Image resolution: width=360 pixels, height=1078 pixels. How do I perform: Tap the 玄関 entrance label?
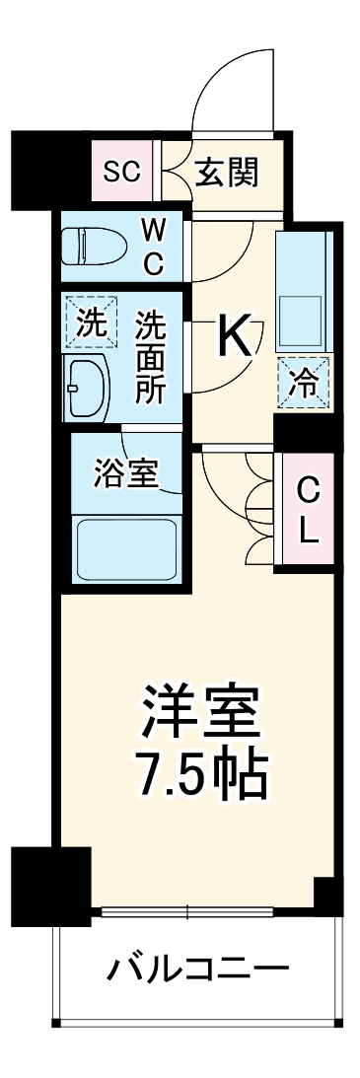(x=226, y=174)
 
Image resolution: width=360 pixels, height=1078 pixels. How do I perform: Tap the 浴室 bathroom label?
(x=124, y=474)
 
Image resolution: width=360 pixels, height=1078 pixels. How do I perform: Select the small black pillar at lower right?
(x=326, y=892)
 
